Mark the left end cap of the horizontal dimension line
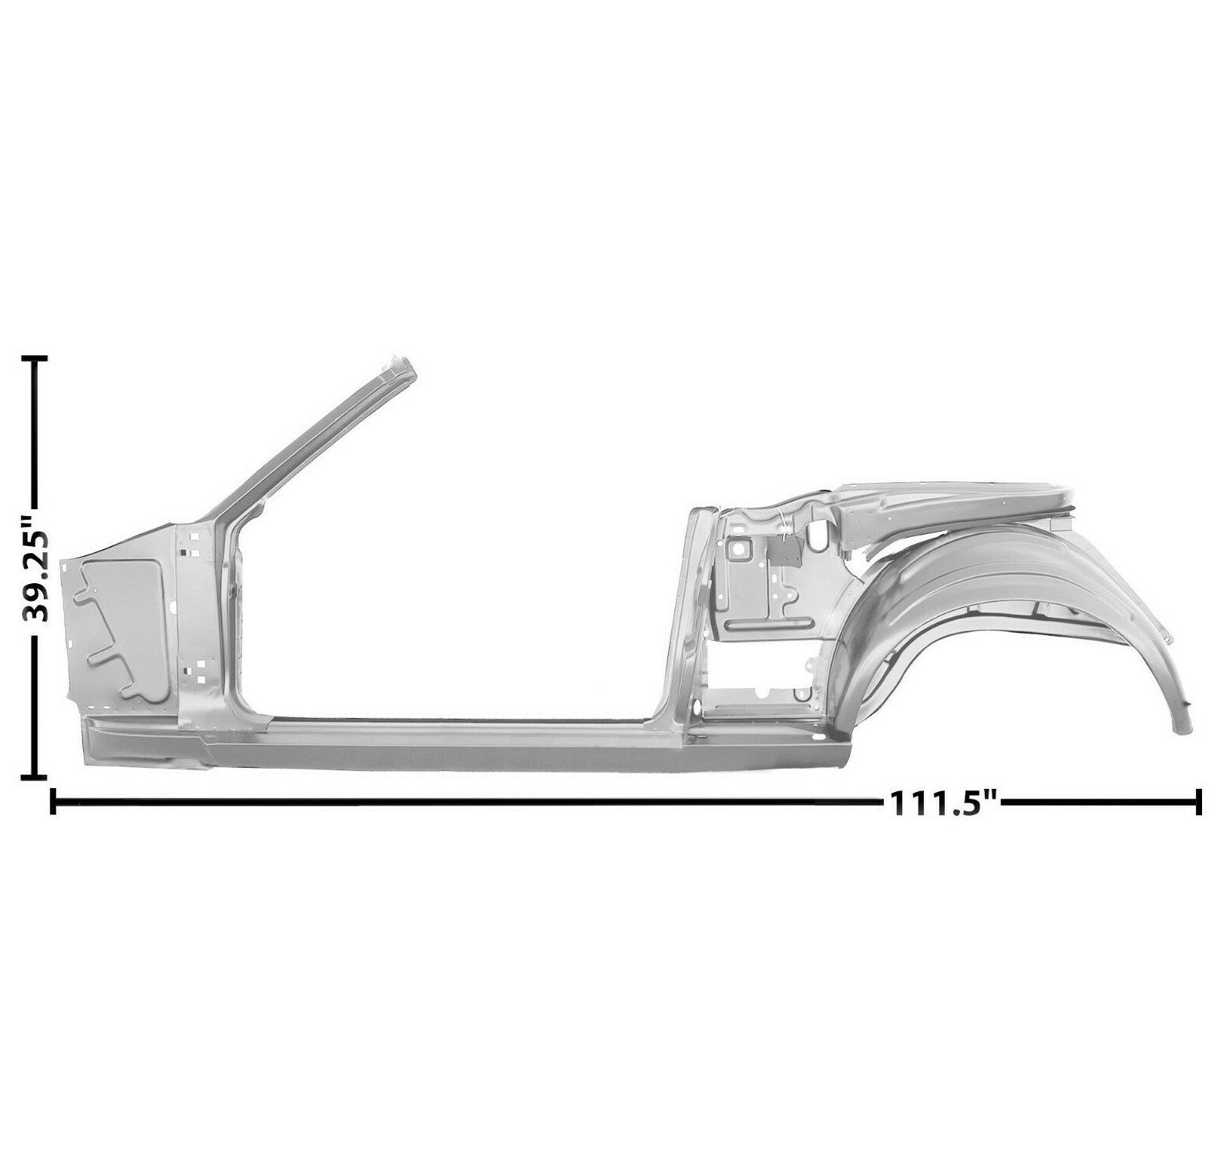[x=52, y=800]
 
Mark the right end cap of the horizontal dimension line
[x=1198, y=800]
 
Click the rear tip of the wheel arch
[x=1180, y=724]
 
